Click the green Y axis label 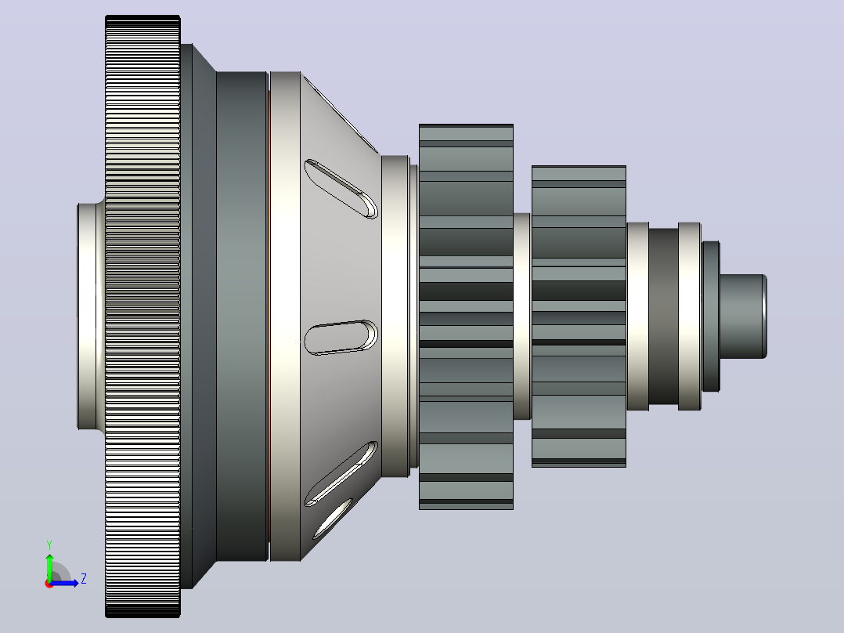click(49, 544)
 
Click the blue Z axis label click(84, 579)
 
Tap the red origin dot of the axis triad click(49, 584)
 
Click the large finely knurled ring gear click(142, 316)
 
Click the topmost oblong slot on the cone click(341, 189)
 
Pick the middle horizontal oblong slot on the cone click(341, 338)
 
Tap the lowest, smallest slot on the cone click(333, 519)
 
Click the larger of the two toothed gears click(466, 316)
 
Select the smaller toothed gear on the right click(579, 316)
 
